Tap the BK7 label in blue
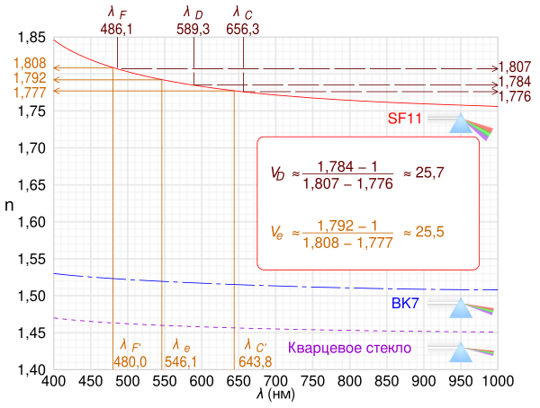coord(405,303)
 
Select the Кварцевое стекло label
coord(349,347)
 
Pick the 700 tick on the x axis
coord(275,380)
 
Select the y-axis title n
coord(9,205)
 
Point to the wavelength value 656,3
coord(243,29)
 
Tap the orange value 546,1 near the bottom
coord(182,360)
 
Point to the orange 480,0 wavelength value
coord(130,360)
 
